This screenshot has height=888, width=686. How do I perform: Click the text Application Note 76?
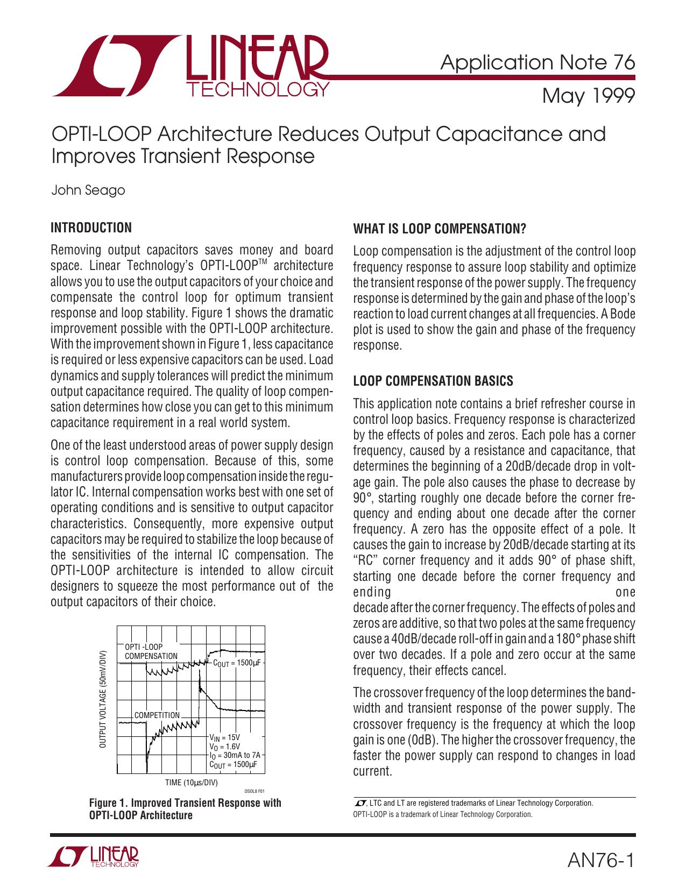538,63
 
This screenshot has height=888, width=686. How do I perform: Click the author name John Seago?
88,190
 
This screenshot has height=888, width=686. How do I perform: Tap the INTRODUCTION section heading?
90,228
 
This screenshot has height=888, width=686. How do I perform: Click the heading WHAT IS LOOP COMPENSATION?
439,229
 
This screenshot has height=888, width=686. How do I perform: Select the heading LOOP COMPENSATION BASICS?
433,381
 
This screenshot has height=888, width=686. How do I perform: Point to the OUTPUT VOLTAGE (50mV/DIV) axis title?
103,699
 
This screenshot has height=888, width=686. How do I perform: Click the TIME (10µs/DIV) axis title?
191,782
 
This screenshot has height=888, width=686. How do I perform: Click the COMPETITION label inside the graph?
157,715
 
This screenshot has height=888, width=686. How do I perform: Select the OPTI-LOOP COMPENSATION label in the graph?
151,651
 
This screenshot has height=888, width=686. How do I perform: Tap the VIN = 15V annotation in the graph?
224,737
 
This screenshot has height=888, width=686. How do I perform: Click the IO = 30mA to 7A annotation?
234,755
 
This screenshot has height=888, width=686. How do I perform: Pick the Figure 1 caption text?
185,809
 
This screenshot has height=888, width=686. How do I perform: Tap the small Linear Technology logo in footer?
95,859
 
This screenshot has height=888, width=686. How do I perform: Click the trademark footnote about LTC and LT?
473,803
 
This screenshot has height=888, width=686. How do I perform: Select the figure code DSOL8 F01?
254,791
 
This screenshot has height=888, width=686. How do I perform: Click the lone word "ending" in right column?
372,593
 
